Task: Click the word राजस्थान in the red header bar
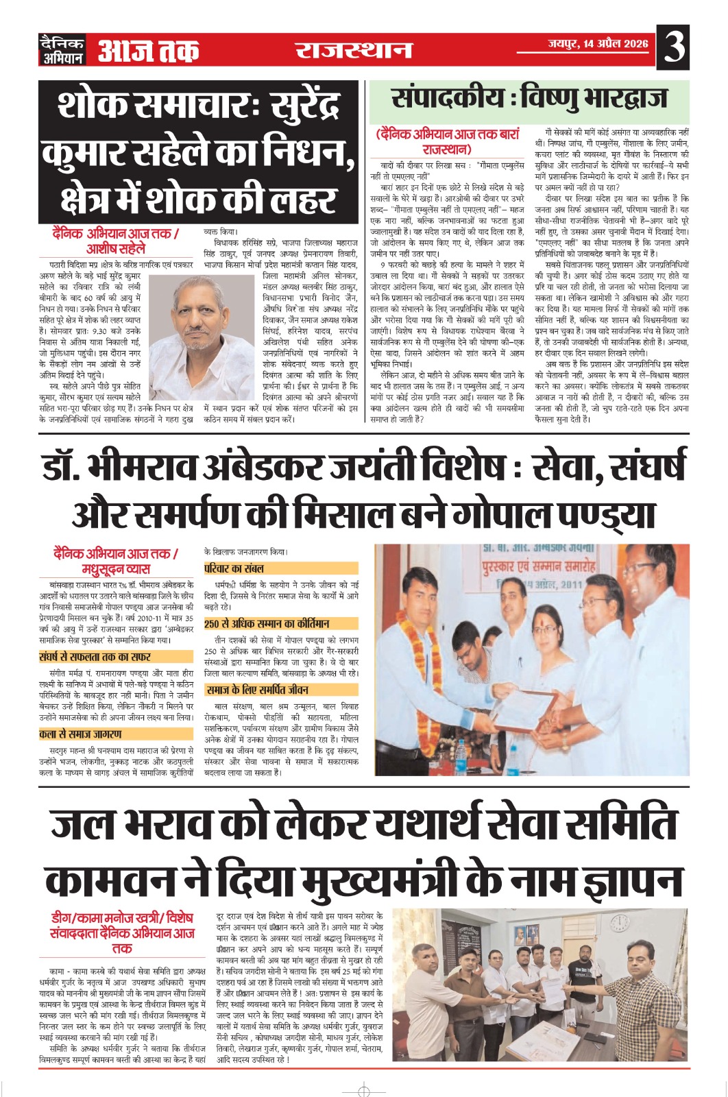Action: point(354,50)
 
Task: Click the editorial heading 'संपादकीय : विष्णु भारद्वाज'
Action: point(529,99)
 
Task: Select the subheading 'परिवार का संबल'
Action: point(234,568)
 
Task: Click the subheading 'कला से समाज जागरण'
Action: point(81,734)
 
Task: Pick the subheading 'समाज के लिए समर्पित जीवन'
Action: point(258,690)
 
